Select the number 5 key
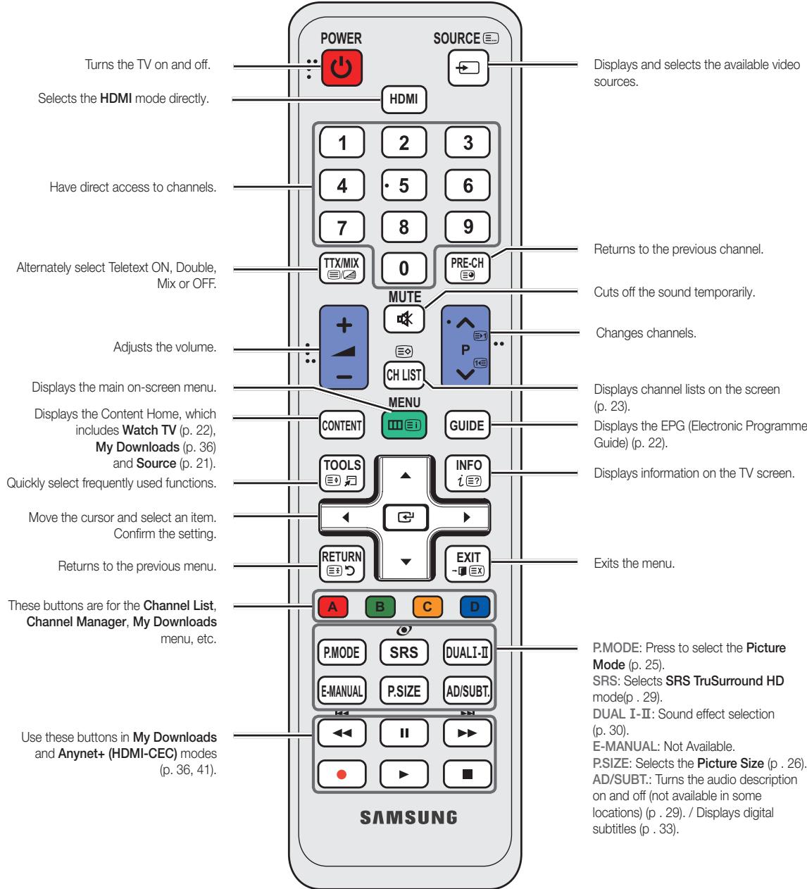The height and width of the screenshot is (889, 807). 403,186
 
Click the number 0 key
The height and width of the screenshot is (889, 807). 403,268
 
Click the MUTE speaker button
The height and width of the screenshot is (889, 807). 403,318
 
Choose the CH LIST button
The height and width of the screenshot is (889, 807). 403,375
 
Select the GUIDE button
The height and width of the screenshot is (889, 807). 467,425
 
